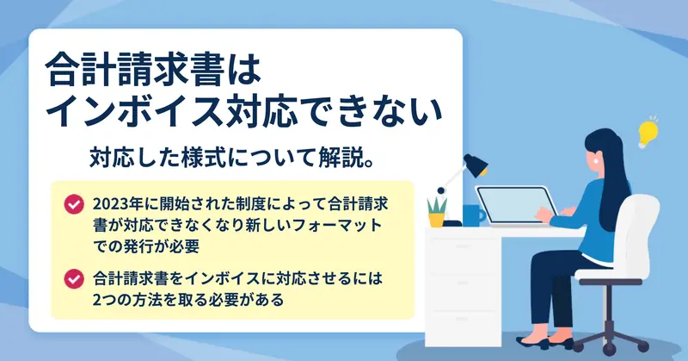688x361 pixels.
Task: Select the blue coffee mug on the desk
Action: pyautogui.click(x=474, y=215)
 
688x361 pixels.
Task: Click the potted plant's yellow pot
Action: pyautogui.click(x=437, y=220)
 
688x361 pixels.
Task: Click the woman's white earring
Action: pyautogui.click(x=596, y=161)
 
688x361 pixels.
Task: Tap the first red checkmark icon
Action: pyautogui.click(x=74, y=204)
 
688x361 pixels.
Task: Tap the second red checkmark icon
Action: pyautogui.click(x=74, y=279)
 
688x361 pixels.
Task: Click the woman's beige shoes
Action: pyautogui.click(x=544, y=342)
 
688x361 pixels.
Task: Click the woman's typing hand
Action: pyautogui.click(x=544, y=215)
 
